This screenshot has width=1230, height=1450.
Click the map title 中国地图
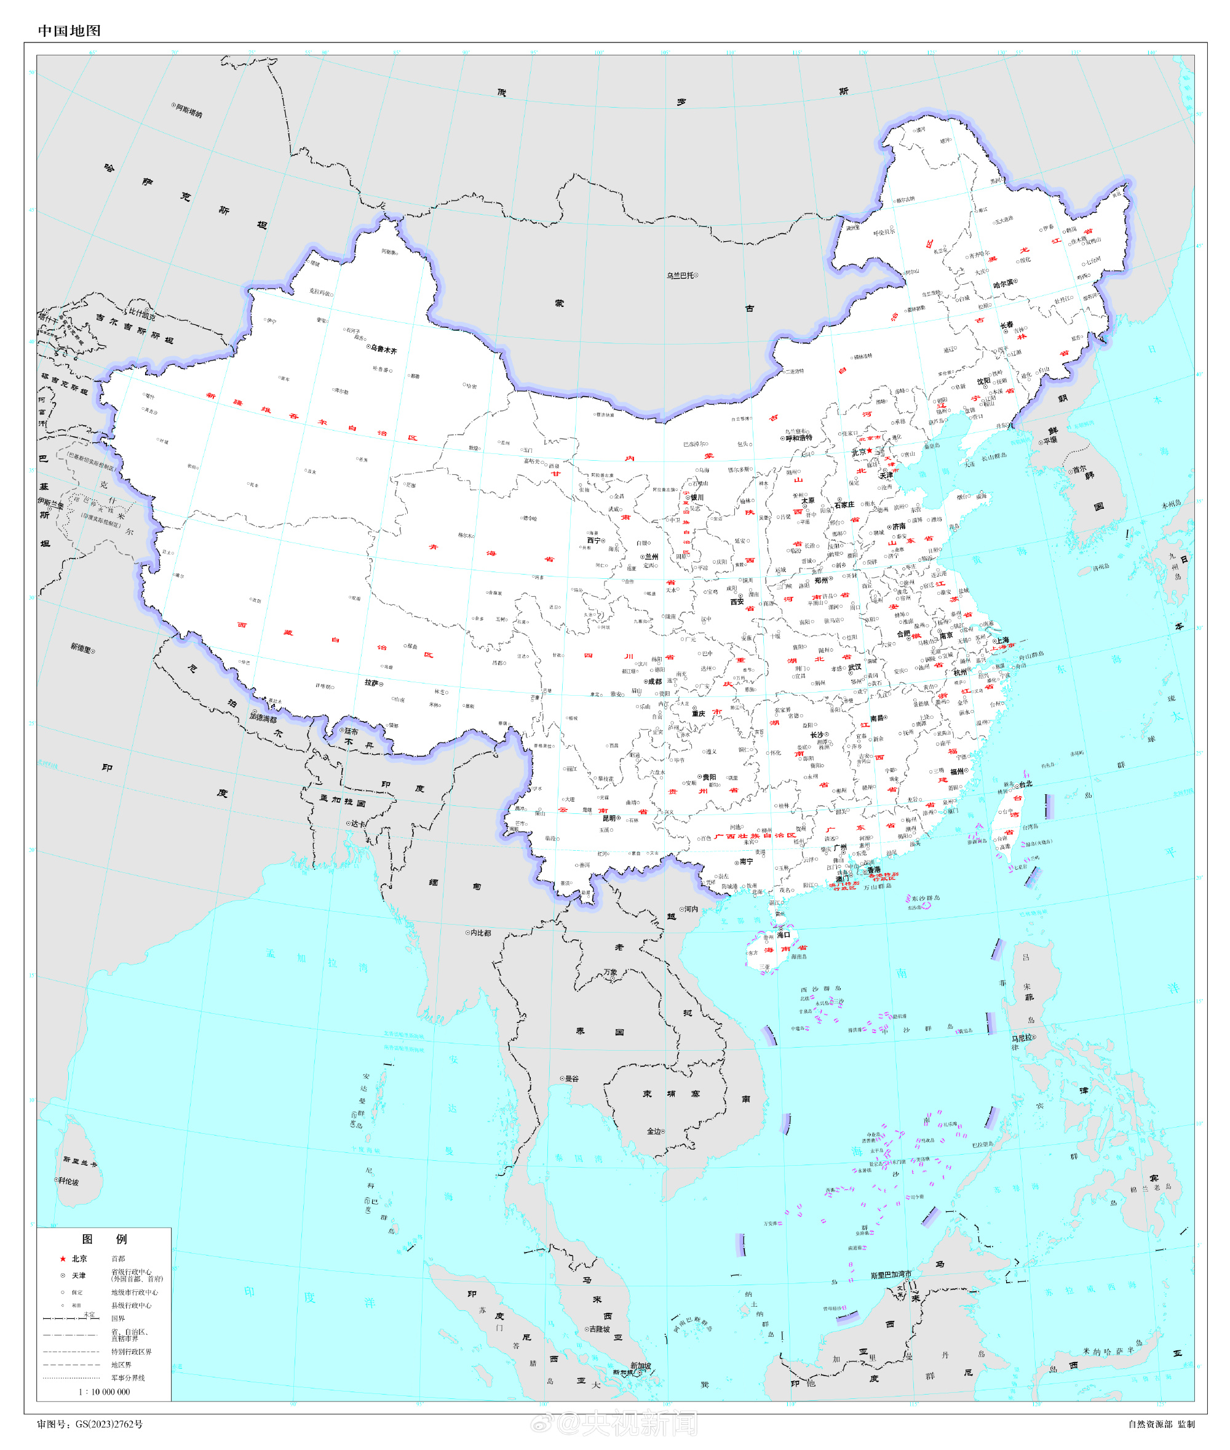point(69,31)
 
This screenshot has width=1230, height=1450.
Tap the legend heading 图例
point(104,1238)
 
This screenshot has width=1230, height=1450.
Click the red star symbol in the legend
point(63,1259)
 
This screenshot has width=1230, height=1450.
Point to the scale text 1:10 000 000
point(104,1392)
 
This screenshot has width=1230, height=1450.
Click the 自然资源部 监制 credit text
point(1161,1424)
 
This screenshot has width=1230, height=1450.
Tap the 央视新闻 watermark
point(627,1423)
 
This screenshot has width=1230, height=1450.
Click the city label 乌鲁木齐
point(384,350)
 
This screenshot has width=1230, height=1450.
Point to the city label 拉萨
point(371,683)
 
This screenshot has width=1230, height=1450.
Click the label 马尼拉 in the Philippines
point(1022,1038)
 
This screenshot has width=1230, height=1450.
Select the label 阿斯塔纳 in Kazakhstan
point(189,110)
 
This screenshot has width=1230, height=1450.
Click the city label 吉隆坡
point(600,1329)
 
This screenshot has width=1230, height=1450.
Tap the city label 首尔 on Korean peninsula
point(1079,469)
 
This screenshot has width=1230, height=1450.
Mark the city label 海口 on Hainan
point(784,934)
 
